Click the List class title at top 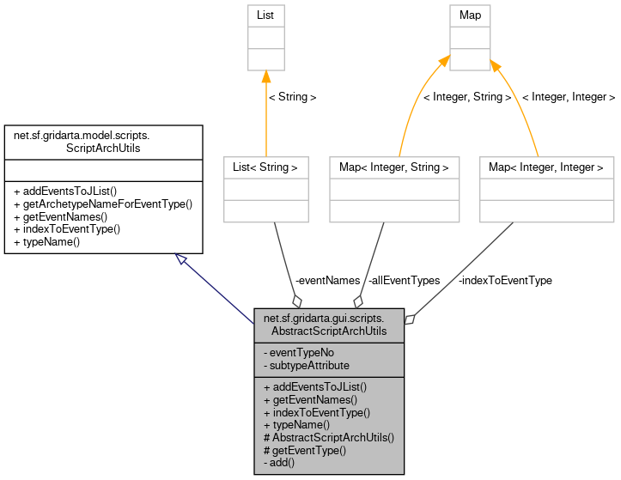265,15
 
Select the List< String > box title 265,167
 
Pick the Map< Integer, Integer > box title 546,167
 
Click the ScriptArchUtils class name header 103,142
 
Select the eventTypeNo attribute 301,352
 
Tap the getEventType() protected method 305,450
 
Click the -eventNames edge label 327,281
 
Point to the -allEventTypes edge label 403,281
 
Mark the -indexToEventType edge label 505,281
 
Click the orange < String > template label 292,97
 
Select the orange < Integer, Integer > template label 568,97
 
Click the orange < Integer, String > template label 466,97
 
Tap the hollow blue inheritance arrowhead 181,259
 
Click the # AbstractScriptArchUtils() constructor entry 329,437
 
